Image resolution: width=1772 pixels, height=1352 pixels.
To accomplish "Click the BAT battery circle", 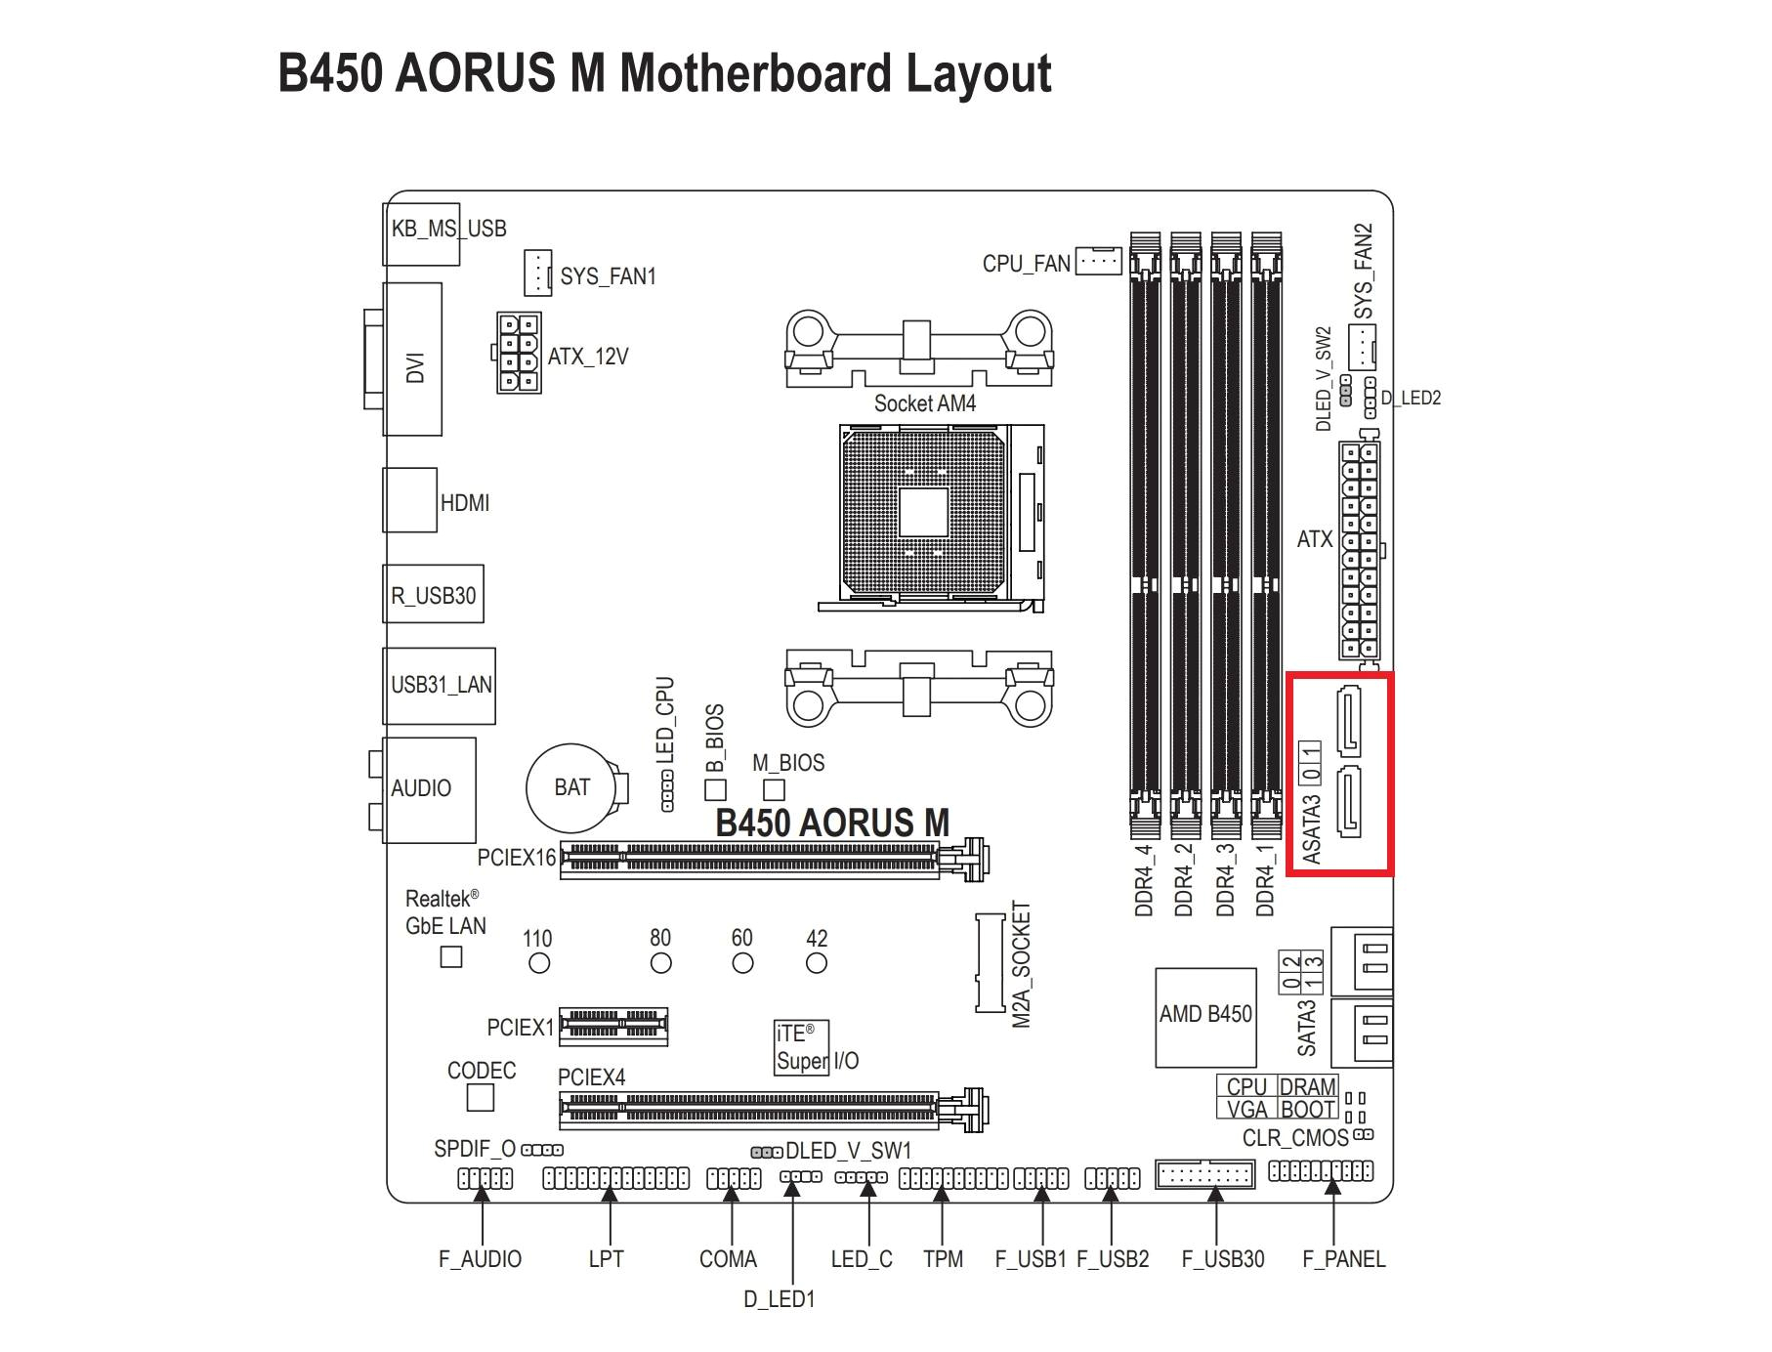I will pos(570,787).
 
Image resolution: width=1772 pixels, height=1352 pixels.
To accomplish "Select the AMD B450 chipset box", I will pos(1205,1017).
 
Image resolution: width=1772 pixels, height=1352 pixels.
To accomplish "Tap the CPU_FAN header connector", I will pos(1098,261).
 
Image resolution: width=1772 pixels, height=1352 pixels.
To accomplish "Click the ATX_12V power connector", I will pos(518,354).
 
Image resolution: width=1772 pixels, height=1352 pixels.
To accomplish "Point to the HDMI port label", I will pos(465,503).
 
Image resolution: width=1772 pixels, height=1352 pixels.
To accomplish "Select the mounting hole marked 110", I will pos(538,963).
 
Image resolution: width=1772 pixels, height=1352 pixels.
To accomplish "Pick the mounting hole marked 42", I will pos(817,963).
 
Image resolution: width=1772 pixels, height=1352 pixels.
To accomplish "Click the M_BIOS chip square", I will pos(774,788).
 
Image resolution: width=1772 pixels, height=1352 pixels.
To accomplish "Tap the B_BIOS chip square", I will pos(715,789).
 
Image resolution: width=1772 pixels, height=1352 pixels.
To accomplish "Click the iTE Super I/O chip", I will pos(802,1047).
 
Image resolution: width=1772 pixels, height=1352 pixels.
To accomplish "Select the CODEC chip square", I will pos(481,1098).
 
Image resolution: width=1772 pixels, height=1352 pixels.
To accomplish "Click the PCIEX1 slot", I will pos(613,1026).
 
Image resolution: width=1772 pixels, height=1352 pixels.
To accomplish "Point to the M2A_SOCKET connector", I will pos(990,963).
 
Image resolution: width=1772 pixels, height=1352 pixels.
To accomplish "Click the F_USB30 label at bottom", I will pos(1222,1259).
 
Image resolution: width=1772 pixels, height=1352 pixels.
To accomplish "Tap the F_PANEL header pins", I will pos(1321,1170).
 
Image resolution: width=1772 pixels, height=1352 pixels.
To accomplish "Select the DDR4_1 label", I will pos(1265,879).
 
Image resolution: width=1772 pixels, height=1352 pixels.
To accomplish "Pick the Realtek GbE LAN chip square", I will pos(450,956).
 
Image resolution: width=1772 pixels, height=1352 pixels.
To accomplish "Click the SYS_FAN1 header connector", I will pos(537,273).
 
